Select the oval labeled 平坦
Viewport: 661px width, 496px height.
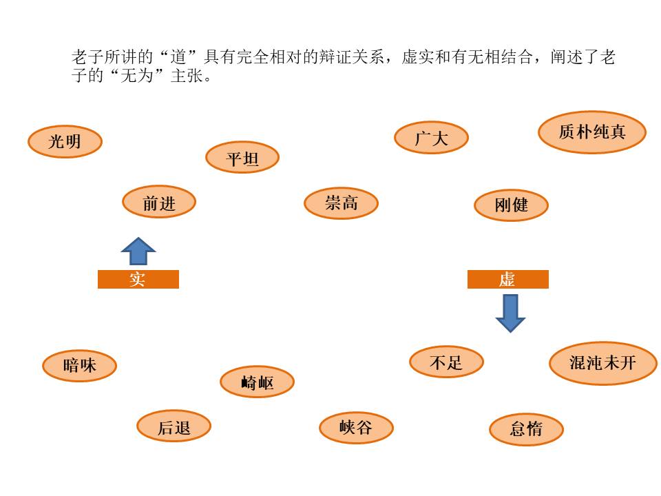[x=242, y=158]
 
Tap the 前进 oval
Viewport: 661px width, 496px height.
[x=159, y=203]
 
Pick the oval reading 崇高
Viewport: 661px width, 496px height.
[x=341, y=203]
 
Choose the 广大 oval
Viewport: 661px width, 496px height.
[x=431, y=138]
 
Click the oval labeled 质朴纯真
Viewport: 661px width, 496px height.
[x=592, y=132]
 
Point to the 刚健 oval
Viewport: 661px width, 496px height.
[x=511, y=205]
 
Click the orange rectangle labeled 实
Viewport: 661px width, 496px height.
[x=138, y=279]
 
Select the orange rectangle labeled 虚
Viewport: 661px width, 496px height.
[x=507, y=279]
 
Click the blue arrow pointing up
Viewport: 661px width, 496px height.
[x=138, y=251]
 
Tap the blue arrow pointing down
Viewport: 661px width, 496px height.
[x=510, y=313]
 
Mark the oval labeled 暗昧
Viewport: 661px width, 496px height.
[x=79, y=366]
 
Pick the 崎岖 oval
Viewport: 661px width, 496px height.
[x=257, y=382]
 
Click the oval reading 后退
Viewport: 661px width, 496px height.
[x=174, y=427]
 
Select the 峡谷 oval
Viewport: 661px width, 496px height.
[x=356, y=428]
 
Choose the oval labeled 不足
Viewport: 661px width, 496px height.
[x=446, y=362]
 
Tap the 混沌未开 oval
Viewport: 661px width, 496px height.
[x=603, y=363]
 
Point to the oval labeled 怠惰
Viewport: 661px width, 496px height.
[x=526, y=429]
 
